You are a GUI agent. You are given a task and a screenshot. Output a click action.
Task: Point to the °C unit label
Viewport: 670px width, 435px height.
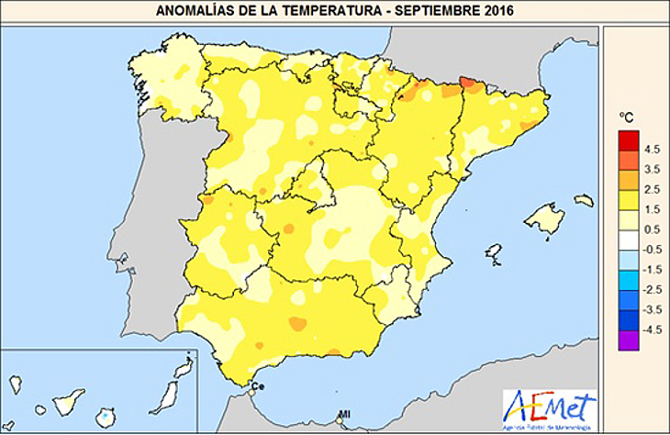627,117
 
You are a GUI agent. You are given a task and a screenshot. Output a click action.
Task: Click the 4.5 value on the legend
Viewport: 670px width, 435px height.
653,149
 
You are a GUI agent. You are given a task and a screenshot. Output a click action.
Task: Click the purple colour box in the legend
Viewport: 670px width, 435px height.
629,341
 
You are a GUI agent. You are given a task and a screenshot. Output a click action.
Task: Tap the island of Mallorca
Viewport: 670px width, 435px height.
544,219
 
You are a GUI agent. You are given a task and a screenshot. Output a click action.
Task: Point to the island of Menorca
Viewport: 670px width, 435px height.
584,200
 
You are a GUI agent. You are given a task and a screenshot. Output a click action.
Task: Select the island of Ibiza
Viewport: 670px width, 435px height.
494,251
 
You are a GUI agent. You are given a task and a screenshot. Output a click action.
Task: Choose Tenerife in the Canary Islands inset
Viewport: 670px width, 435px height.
70,402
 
